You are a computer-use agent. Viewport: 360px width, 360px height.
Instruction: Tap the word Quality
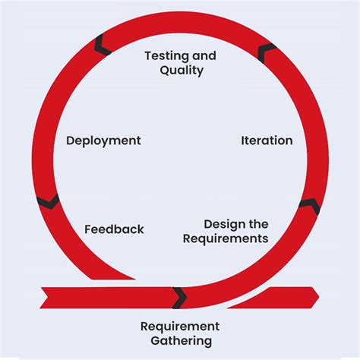click(x=182, y=71)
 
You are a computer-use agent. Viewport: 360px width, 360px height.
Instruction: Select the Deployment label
click(x=103, y=141)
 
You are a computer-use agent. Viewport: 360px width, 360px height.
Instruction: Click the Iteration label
click(x=267, y=141)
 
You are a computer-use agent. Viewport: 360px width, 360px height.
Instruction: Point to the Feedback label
click(x=114, y=229)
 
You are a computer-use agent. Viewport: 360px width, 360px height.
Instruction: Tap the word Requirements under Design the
click(x=226, y=238)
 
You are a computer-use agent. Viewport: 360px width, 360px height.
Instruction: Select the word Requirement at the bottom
click(x=179, y=327)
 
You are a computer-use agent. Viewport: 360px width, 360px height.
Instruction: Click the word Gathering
click(x=180, y=341)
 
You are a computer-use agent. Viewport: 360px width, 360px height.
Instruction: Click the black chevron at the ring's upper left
click(x=102, y=47)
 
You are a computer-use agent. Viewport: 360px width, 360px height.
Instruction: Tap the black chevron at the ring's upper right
click(x=267, y=52)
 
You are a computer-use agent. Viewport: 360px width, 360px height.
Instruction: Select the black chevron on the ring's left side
click(x=48, y=201)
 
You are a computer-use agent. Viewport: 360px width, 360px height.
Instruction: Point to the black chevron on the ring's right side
click(x=308, y=206)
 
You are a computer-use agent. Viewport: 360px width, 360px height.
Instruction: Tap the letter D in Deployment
click(x=71, y=141)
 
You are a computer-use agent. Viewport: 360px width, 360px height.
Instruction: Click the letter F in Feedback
click(x=88, y=229)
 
